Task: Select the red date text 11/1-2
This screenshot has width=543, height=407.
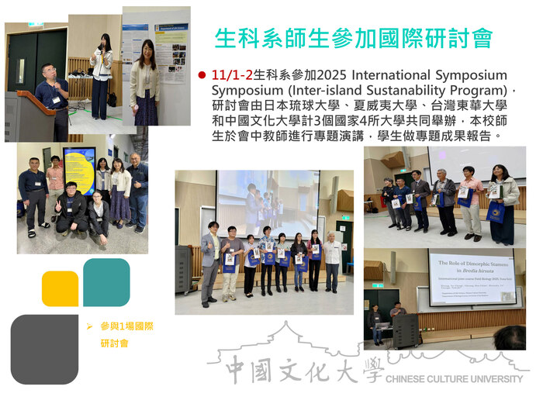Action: point(231,75)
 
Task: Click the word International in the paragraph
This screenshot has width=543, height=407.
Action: point(395,75)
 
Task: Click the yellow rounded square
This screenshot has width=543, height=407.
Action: point(60,288)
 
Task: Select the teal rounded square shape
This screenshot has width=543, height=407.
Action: point(106,282)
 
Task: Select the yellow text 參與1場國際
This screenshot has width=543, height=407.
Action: point(126,326)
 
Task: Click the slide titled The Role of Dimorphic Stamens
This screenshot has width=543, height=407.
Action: point(472,277)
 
